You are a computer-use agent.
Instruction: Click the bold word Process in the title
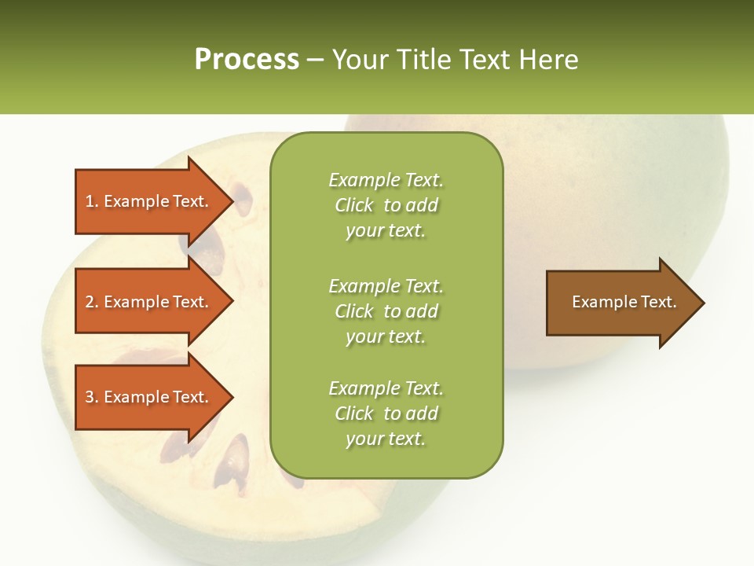tap(247, 60)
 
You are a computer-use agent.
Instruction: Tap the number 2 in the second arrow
tap(90, 302)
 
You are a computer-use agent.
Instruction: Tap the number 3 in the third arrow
tap(90, 397)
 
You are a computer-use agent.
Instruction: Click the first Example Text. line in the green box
tap(386, 180)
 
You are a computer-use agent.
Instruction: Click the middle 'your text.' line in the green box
tap(385, 336)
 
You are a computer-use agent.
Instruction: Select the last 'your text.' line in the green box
tap(385, 439)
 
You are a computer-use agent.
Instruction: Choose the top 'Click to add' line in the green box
tap(386, 205)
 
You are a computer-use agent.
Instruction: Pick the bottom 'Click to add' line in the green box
tap(386, 413)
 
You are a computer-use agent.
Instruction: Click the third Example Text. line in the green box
tap(386, 388)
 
